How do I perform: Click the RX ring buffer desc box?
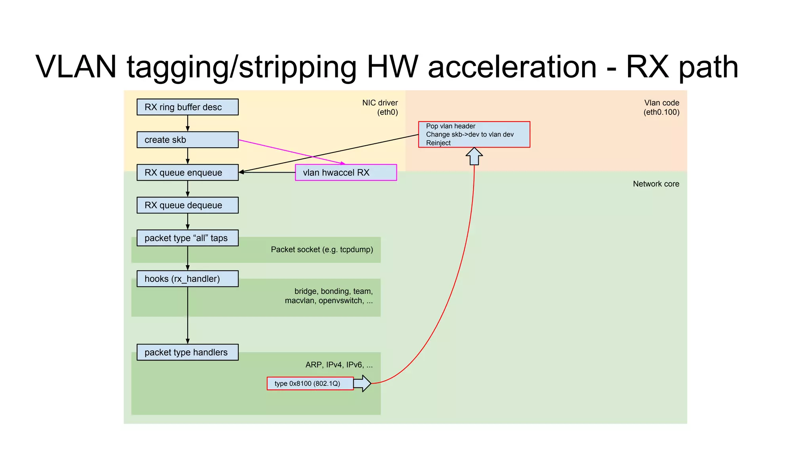(x=187, y=107)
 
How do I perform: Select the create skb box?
(x=187, y=140)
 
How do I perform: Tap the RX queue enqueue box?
(x=187, y=173)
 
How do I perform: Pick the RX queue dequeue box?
(x=187, y=205)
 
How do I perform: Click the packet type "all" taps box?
(x=187, y=238)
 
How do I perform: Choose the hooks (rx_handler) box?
(x=187, y=279)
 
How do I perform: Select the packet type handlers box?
(x=187, y=352)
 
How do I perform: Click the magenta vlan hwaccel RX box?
(x=346, y=173)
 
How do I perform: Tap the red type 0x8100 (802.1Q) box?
(x=310, y=384)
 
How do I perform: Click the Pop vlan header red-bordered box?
(x=474, y=135)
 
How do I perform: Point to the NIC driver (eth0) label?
(x=380, y=107)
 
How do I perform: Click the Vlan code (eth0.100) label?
(x=661, y=107)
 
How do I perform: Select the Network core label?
(x=656, y=184)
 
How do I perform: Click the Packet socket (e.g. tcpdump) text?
(x=322, y=249)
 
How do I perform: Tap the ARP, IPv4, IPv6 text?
(x=339, y=365)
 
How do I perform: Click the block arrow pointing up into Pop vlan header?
(x=474, y=156)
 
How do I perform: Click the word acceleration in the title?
(x=512, y=66)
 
